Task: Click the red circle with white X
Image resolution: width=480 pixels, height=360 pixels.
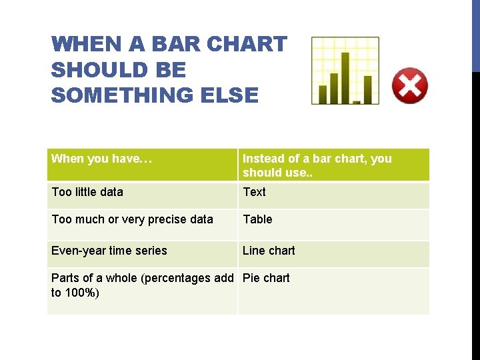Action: click(409, 85)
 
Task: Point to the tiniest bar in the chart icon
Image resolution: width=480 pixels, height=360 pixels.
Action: click(357, 102)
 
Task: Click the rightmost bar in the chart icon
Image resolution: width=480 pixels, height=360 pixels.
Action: click(367, 89)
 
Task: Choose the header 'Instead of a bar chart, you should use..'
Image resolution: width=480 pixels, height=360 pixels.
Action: click(317, 165)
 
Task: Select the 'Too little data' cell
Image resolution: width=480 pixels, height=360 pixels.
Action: click(87, 192)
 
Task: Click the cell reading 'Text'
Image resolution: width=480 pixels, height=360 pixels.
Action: click(254, 192)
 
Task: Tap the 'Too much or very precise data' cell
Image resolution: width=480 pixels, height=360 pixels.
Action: click(132, 219)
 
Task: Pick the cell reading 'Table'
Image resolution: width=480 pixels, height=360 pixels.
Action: click(257, 219)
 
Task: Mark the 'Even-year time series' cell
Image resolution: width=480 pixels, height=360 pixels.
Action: click(109, 251)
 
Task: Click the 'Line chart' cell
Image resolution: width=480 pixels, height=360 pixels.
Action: click(269, 251)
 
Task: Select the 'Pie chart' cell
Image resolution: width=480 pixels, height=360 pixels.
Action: click(266, 278)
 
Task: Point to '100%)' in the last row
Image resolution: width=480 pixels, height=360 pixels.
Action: click(83, 293)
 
